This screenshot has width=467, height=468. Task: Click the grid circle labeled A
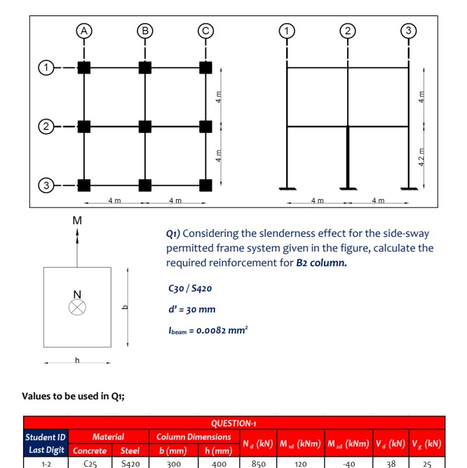pyautogui.click(x=84, y=30)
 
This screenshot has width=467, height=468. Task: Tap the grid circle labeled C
pyautogui.click(x=205, y=30)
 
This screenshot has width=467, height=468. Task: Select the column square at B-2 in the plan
pyautogui.click(x=145, y=127)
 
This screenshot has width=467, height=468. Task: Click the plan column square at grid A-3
pyautogui.click(x=84, y=186)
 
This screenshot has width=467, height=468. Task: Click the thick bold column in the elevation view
pyautogui.click(x=348, y=157)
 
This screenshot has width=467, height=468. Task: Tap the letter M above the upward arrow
pyautogui.click(x=77, y=221)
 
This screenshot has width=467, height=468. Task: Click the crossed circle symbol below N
pyautogui.click(x=77, y=308)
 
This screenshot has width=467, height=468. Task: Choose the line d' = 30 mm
pyautogui.click(x=192, y=309)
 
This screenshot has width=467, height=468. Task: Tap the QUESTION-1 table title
pyautogui.click(x=234, y=423)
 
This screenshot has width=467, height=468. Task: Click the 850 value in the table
pyautogui.click(x=258, y=462)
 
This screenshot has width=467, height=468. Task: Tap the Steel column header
pyautogui.click(x=130, y=450)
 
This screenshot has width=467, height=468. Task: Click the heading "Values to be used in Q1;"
pyautogui.click(x=74, y=396)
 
